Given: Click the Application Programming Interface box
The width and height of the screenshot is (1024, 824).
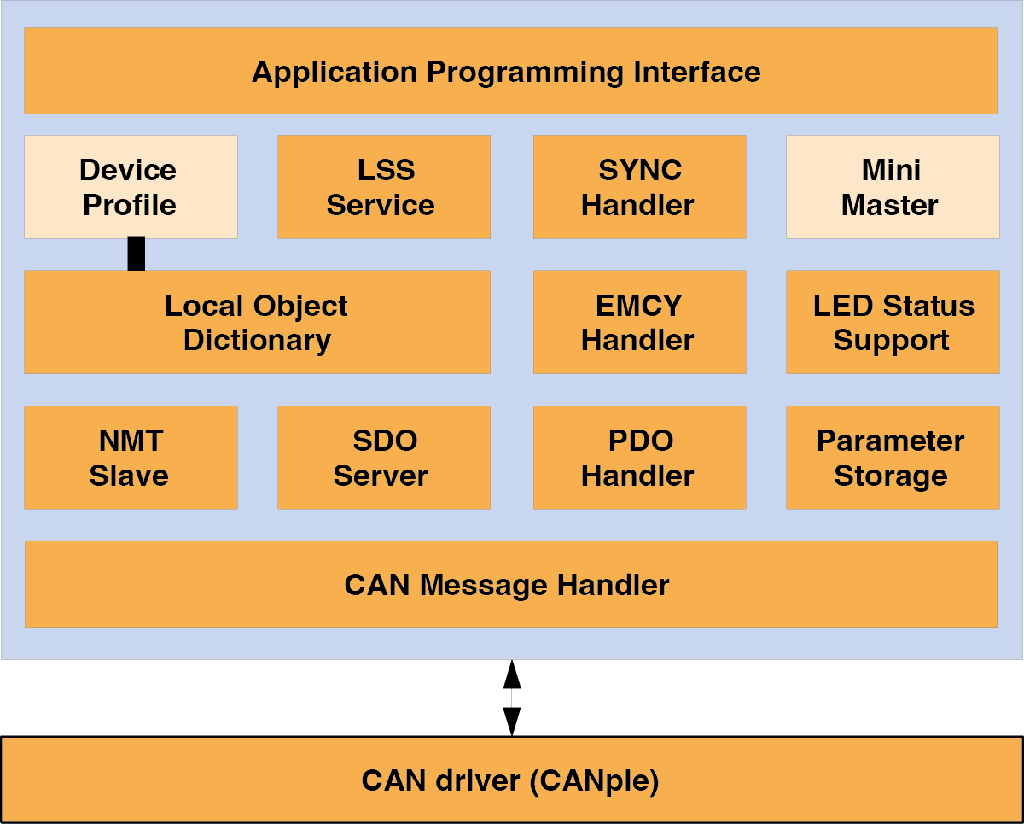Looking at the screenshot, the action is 510,71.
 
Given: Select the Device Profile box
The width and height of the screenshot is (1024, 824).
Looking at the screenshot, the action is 131,187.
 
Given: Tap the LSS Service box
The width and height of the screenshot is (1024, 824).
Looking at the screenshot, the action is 384,187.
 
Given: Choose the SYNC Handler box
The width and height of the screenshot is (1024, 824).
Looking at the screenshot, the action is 639,187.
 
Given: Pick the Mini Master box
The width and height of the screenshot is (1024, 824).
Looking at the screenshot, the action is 893,187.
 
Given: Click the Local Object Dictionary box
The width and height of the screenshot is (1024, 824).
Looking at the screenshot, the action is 258,322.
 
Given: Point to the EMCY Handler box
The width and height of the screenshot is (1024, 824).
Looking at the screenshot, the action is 639,322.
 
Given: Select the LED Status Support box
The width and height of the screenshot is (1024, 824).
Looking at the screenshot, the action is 893,322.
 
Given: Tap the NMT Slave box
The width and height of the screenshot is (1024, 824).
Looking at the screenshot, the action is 131,458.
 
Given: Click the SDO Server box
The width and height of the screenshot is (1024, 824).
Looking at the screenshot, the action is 384,458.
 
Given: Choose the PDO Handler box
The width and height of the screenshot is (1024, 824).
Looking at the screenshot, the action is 639,458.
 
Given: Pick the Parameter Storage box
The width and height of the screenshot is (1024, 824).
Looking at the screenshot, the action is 893,458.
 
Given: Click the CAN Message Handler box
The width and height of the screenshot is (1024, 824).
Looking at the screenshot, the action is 511,584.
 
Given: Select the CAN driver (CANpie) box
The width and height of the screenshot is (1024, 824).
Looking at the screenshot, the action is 512,780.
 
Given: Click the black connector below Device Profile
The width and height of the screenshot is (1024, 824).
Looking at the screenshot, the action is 136,254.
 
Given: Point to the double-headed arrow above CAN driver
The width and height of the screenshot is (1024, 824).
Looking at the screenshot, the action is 512,698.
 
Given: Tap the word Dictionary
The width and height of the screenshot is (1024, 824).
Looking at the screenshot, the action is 257,341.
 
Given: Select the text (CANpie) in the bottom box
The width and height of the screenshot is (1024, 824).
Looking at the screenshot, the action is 594,781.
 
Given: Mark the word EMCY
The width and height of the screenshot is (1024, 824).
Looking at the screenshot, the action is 638,306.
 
